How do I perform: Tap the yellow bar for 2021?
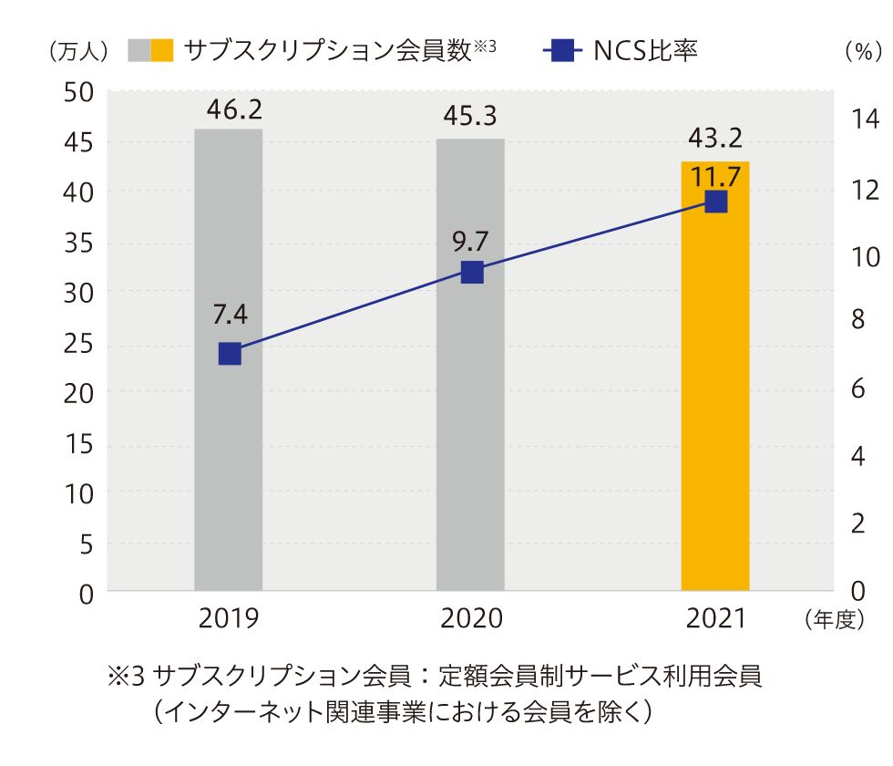715,410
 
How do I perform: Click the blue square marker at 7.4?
230,354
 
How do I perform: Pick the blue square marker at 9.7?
471,272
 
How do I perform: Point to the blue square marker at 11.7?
716,202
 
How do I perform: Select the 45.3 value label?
470,118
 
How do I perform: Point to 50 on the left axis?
80,92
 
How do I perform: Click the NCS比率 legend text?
645,50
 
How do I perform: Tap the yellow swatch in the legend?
162,50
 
